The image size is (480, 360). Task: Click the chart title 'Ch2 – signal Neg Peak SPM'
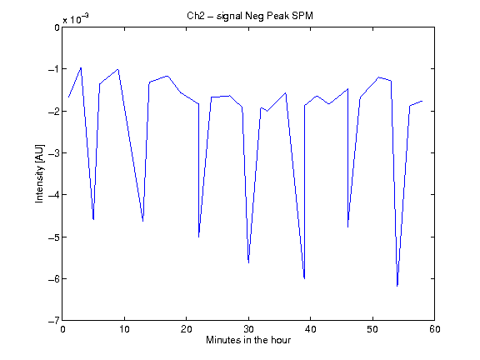click(250, 16)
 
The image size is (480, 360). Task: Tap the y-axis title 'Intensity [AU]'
click(39, 173)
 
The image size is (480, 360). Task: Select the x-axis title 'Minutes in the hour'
click(248, 340)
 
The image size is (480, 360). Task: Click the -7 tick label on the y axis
click(54, 321)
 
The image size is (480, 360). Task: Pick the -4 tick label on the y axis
click(54, 195)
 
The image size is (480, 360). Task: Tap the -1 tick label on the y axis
click(54, 69)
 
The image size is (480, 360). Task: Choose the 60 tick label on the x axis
click(435, 329)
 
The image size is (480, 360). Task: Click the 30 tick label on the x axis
click(248, 329)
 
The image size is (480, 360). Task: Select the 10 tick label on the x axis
click(125, 329)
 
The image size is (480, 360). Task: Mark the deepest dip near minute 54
click(397, 286)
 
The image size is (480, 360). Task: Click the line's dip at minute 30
click(248, 262)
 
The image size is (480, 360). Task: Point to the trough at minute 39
click(304, 278)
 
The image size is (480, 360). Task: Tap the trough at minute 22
click(198, 237)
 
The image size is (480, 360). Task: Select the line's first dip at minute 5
click(93, 219)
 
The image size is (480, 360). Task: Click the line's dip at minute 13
click(143, 221)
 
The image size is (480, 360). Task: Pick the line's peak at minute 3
click(81, 67)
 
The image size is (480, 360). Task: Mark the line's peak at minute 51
click(378, 77)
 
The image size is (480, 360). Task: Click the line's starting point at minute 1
click(68, 97)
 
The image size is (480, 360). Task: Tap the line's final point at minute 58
click(422, 101)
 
